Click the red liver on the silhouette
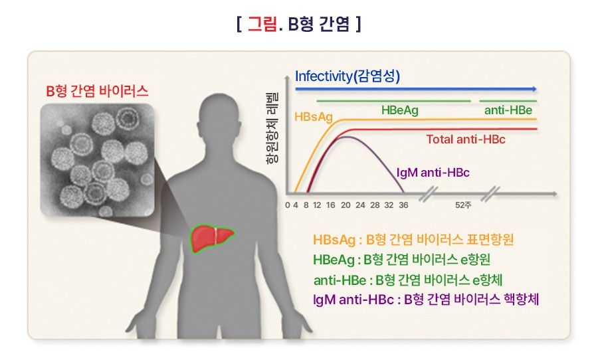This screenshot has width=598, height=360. click(x=213, y=238)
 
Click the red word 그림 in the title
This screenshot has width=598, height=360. click(x=262, y=24)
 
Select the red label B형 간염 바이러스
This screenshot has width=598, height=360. click(x=97, y=91)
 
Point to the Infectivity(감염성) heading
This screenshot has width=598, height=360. click(x=348, y=76)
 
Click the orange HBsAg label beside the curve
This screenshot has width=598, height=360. click(x=314, y=117)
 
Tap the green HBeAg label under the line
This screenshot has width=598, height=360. click(x=400, y=110)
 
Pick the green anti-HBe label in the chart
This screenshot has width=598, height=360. click(x=508, y=110)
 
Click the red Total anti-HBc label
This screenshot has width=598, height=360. click(x=466, y=139)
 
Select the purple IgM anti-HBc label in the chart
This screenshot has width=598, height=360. click(x=433, y=173)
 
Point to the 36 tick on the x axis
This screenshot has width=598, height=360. click(x=403, y=205)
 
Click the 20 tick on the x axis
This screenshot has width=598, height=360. click(x=346, y=205)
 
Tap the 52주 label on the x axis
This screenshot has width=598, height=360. click(x=463, y=205)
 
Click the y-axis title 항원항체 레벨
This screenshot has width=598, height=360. click(x=272, y=128)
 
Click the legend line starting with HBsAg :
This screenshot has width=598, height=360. click(x=413, y=240)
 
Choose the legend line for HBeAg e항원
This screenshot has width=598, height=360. click(x=401, y=260)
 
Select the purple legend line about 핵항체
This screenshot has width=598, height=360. click(x=426, y=300)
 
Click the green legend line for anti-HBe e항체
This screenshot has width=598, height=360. click(x=408, y=280)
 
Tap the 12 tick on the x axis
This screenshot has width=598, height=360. click(x=317, y=205)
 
